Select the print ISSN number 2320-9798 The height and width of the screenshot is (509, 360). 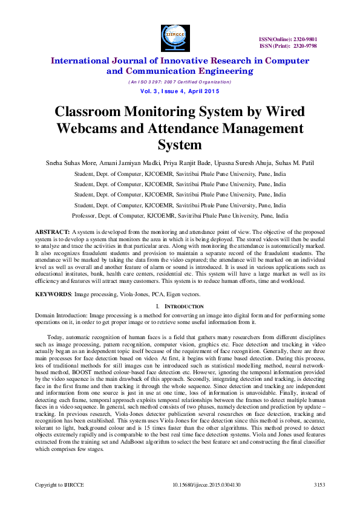tap(305, 45)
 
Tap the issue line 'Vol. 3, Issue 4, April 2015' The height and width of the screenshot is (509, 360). tap(180, 91)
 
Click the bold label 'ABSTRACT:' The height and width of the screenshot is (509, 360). tap(52, 232)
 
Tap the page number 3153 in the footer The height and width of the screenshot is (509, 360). tap(319, 485)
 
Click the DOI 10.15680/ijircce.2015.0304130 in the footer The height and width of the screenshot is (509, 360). tap(207, 485)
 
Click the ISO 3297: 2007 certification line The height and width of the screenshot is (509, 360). tap(180, 82)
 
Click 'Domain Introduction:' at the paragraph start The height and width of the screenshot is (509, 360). tap(57, 316)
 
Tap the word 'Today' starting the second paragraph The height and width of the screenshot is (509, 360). tap(54, 337)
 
